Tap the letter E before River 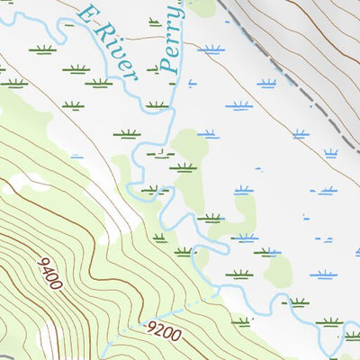pyautogui.click(x=86, y=14)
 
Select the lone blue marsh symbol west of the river pyautogui.click(x=76, y=156)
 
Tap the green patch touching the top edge pyautogui.click(x=202, y=7)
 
